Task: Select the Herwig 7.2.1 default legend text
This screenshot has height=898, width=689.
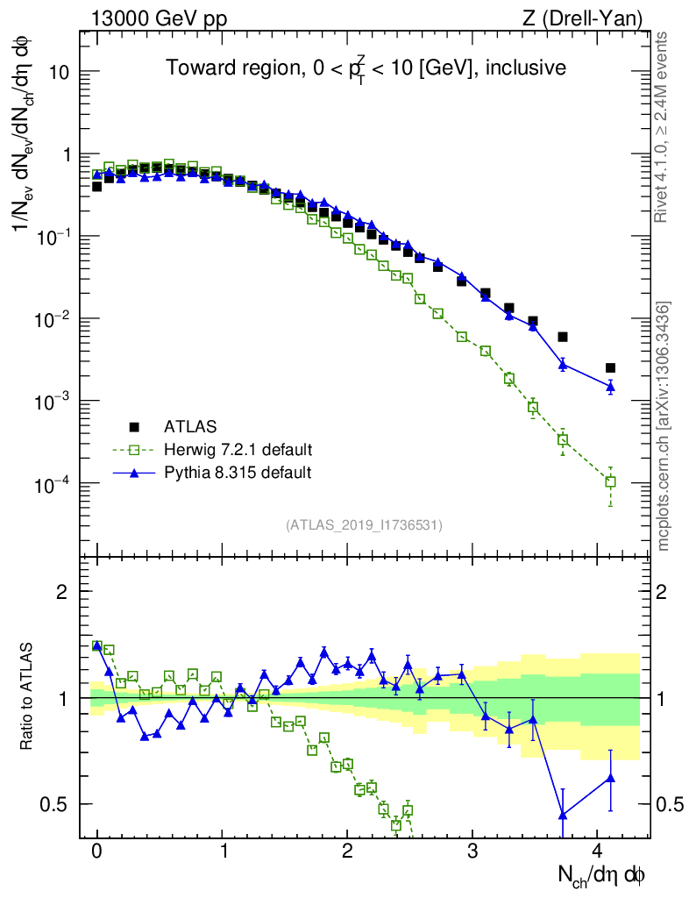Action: (x=238, y=450)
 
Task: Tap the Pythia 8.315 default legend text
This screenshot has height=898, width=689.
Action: (x=237, y=473)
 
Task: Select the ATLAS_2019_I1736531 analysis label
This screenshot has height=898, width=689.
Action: (x=364, y=525)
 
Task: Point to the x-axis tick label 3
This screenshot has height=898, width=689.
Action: (x=472, y=852)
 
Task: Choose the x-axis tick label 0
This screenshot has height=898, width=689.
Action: (x=96, y=852)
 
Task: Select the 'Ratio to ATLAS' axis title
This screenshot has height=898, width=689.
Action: (x=27, y=696)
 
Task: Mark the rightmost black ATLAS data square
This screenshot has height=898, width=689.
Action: (x=610, y=368)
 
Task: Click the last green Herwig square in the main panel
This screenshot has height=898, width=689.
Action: (x=610, y=481)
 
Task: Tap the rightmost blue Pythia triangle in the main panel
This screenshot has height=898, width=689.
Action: (x=610, y=386)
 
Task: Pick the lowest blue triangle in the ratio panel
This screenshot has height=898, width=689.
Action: (x=563, y=815)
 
